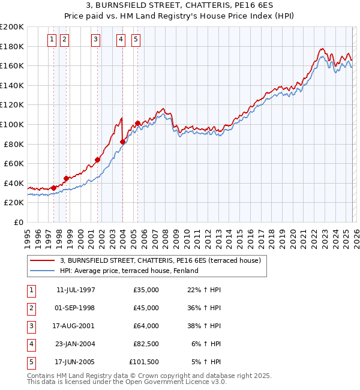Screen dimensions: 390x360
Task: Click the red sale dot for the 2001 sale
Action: tap(97, 160)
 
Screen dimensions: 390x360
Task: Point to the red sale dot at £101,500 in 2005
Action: tap(137, 124)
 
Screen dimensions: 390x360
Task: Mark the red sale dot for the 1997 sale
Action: tap(54, 188)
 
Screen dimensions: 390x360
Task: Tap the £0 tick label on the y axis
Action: tap(18, 222)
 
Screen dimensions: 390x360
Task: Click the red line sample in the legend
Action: tap(42, 261)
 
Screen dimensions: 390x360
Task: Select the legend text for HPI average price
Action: tap(129, 271)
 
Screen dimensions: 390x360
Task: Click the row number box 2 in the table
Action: tap(31, 308)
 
